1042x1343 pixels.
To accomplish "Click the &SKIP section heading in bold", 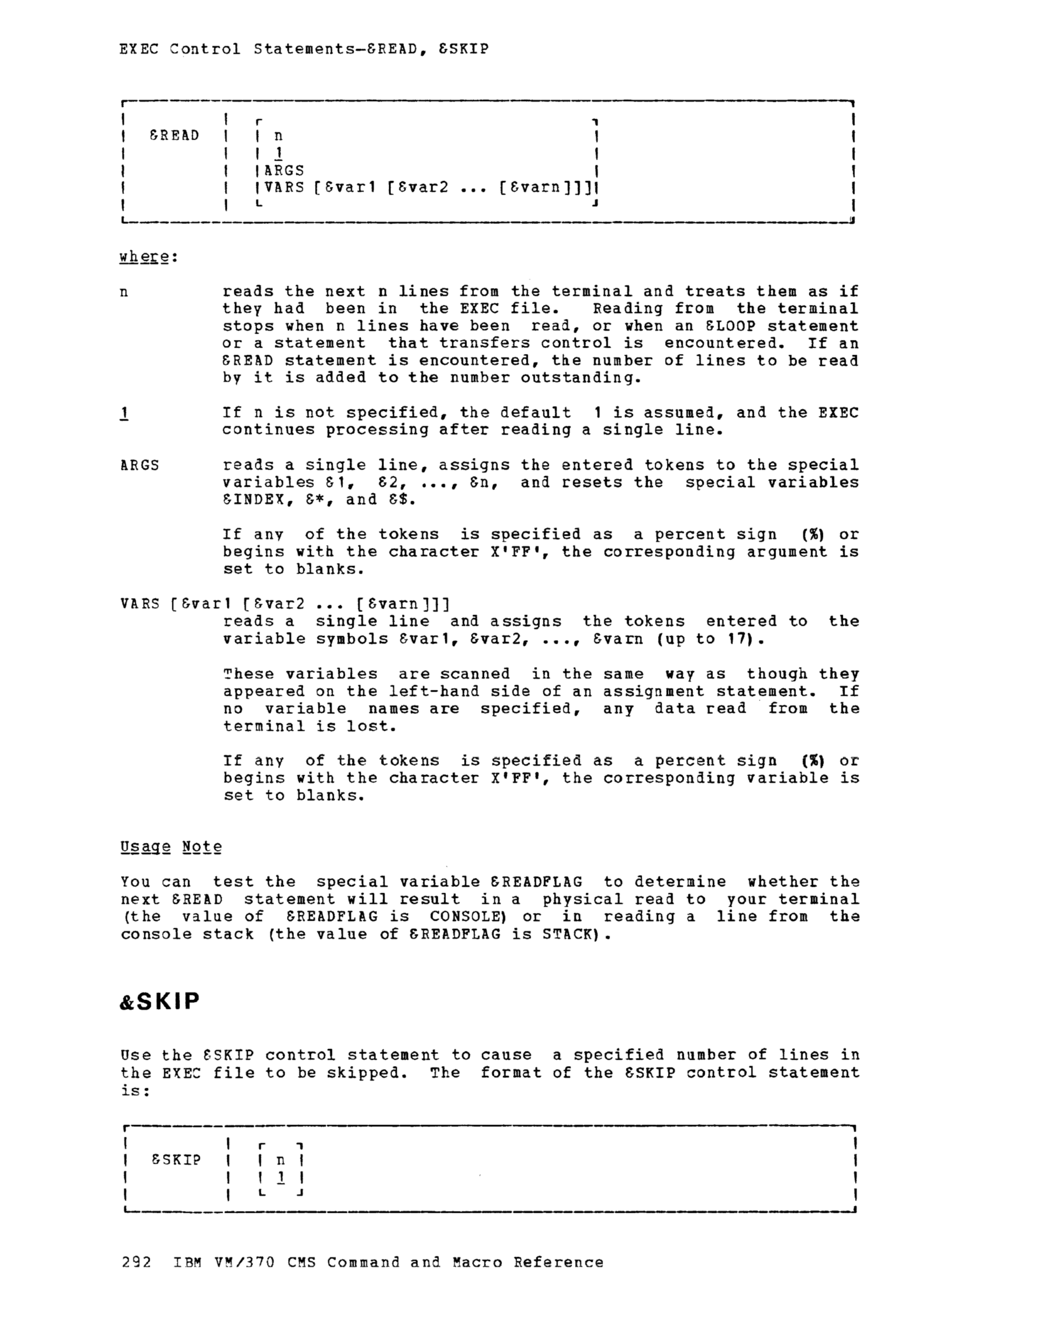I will coord(160,1002).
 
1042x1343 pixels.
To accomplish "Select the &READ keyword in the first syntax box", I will coord(175,136).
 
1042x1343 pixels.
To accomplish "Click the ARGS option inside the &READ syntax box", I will coord(284,171).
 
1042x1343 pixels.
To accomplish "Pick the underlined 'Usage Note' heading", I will coord(171,847).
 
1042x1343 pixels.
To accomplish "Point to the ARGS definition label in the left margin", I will coord(140,466).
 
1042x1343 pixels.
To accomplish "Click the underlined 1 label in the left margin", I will coord(125,412).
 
